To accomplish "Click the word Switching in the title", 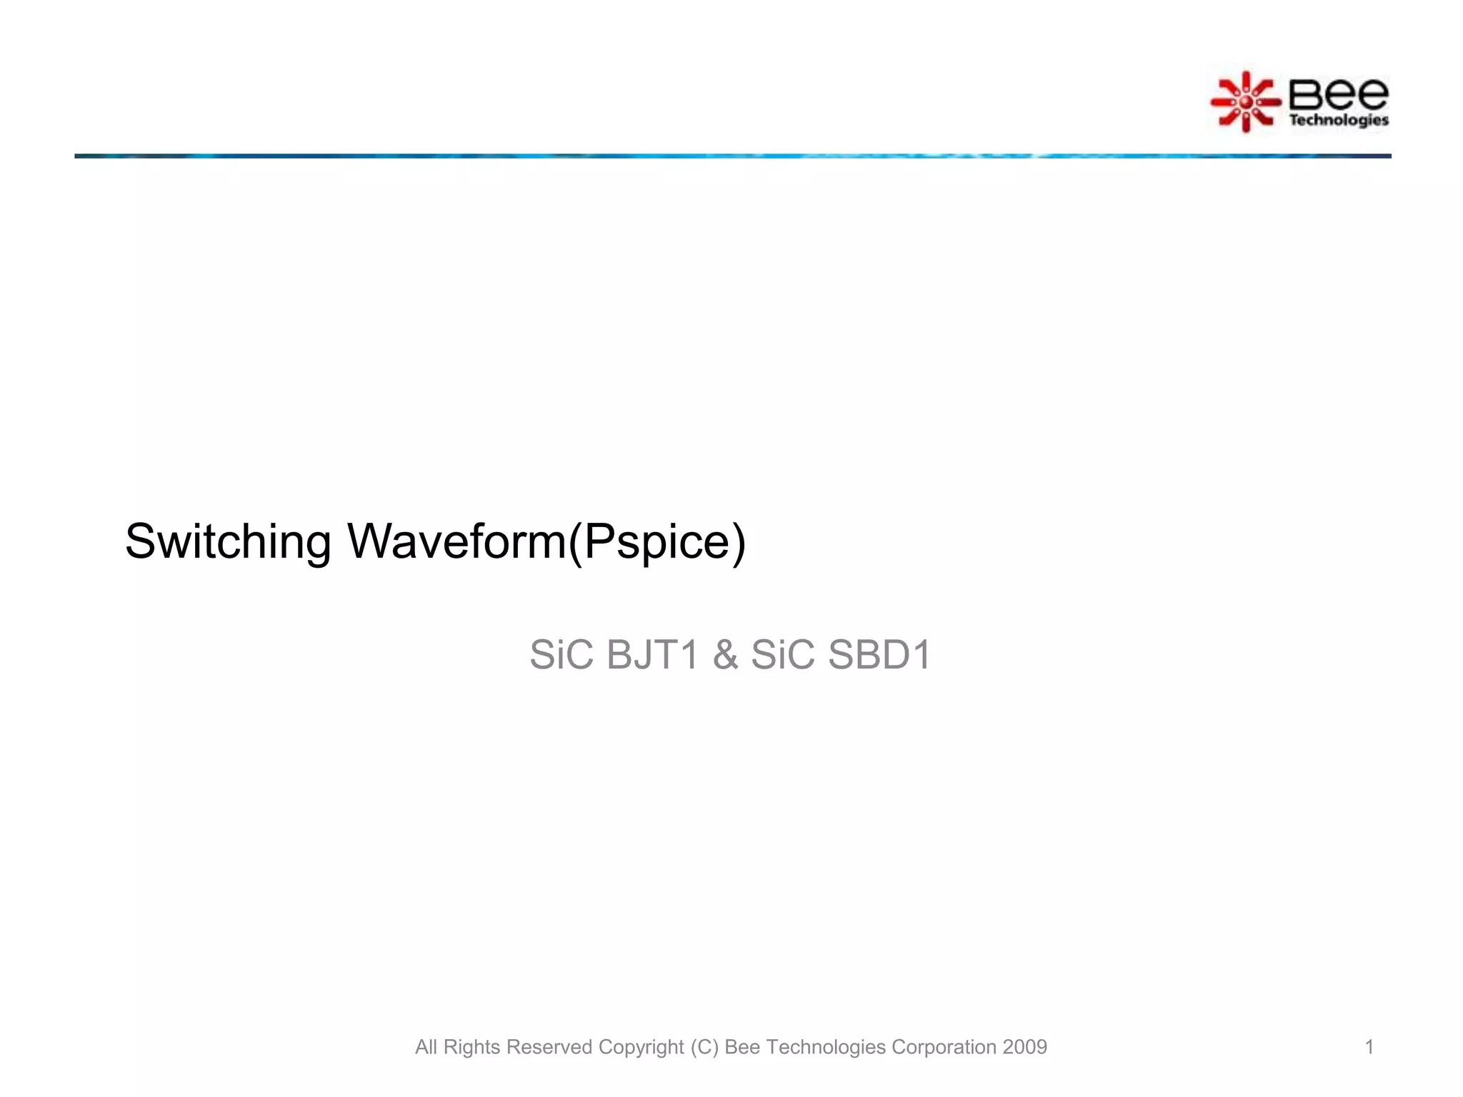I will point(228,541).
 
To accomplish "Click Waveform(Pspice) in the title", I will point(546,541).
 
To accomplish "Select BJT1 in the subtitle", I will point(651,654).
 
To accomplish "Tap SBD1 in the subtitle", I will point(879,654).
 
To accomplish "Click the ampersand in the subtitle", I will point(725,655).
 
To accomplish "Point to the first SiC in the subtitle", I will point(561,654).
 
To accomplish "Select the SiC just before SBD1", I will point(782,654).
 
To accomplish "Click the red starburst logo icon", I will point(1246,102).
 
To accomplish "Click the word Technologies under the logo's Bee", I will point(1338,120).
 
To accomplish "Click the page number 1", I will point(1369,1047).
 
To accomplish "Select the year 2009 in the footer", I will point(1024,1047).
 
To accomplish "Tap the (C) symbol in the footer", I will point(704,1047).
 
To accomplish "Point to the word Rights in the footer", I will point(471,1047).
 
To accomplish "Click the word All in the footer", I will point(426,1047).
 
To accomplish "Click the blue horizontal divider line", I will point(731,156).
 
